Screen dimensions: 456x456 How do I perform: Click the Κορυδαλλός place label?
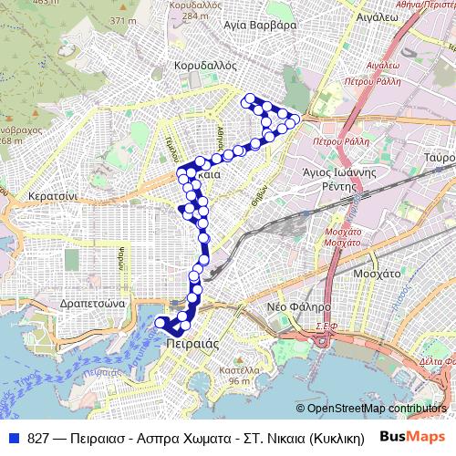[x=204, y=67]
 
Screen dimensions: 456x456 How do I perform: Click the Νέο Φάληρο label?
[x=298, y=308]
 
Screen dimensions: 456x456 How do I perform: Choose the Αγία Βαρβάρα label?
[x=263, y=26]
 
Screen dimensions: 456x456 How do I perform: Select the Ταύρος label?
[x=439, y=157]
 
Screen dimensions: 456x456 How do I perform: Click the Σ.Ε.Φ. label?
[x=326, y=325]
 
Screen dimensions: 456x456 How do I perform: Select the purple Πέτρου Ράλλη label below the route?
[x=337, y=142]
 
